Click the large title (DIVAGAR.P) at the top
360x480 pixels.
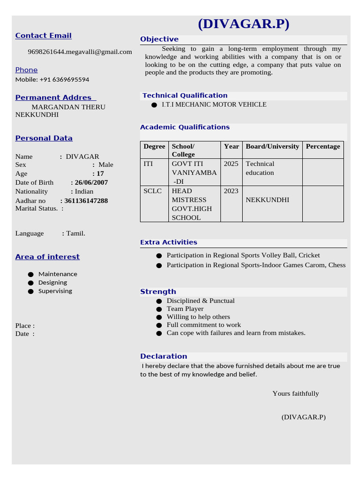pos(243,24)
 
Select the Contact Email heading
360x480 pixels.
pos(43,36)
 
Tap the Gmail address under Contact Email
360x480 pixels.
pos(80,52)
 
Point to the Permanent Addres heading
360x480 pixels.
pos(55,97)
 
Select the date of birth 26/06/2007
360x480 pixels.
pos(90,182)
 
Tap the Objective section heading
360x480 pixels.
pos(159,39)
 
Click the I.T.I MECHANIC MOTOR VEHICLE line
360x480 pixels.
pos(214,105)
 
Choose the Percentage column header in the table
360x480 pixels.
pos(322,146)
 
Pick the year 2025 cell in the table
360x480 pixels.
pos(231,164)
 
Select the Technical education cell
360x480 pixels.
pos(260,168)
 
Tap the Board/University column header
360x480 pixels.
pos(272,146)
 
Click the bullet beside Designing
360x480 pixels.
pos(31,283)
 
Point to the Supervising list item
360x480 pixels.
pos(55,291)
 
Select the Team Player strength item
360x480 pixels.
pos(185,309)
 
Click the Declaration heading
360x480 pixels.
pos(164,356)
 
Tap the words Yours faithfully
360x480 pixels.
pos(295,393)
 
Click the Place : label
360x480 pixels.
pos(25,326)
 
